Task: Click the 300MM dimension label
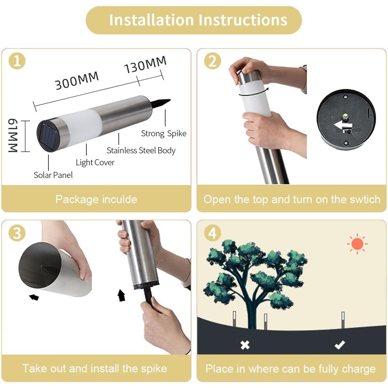point(77,81)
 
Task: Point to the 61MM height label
point(13,135)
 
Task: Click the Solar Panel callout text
point(53,175)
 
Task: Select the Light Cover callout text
point(95,163)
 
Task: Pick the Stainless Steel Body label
point(141,150)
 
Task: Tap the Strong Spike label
point(164,133)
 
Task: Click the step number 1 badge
point(17,61)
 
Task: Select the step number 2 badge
point(213,61)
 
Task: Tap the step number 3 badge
point(17,233)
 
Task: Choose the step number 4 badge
point(213,233)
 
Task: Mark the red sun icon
point(357,244)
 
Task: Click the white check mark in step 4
point(340,345)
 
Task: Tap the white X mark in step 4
point(245,345)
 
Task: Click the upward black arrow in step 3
point(121,295)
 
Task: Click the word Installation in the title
point(151,20)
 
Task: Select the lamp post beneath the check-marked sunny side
point(343,320)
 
